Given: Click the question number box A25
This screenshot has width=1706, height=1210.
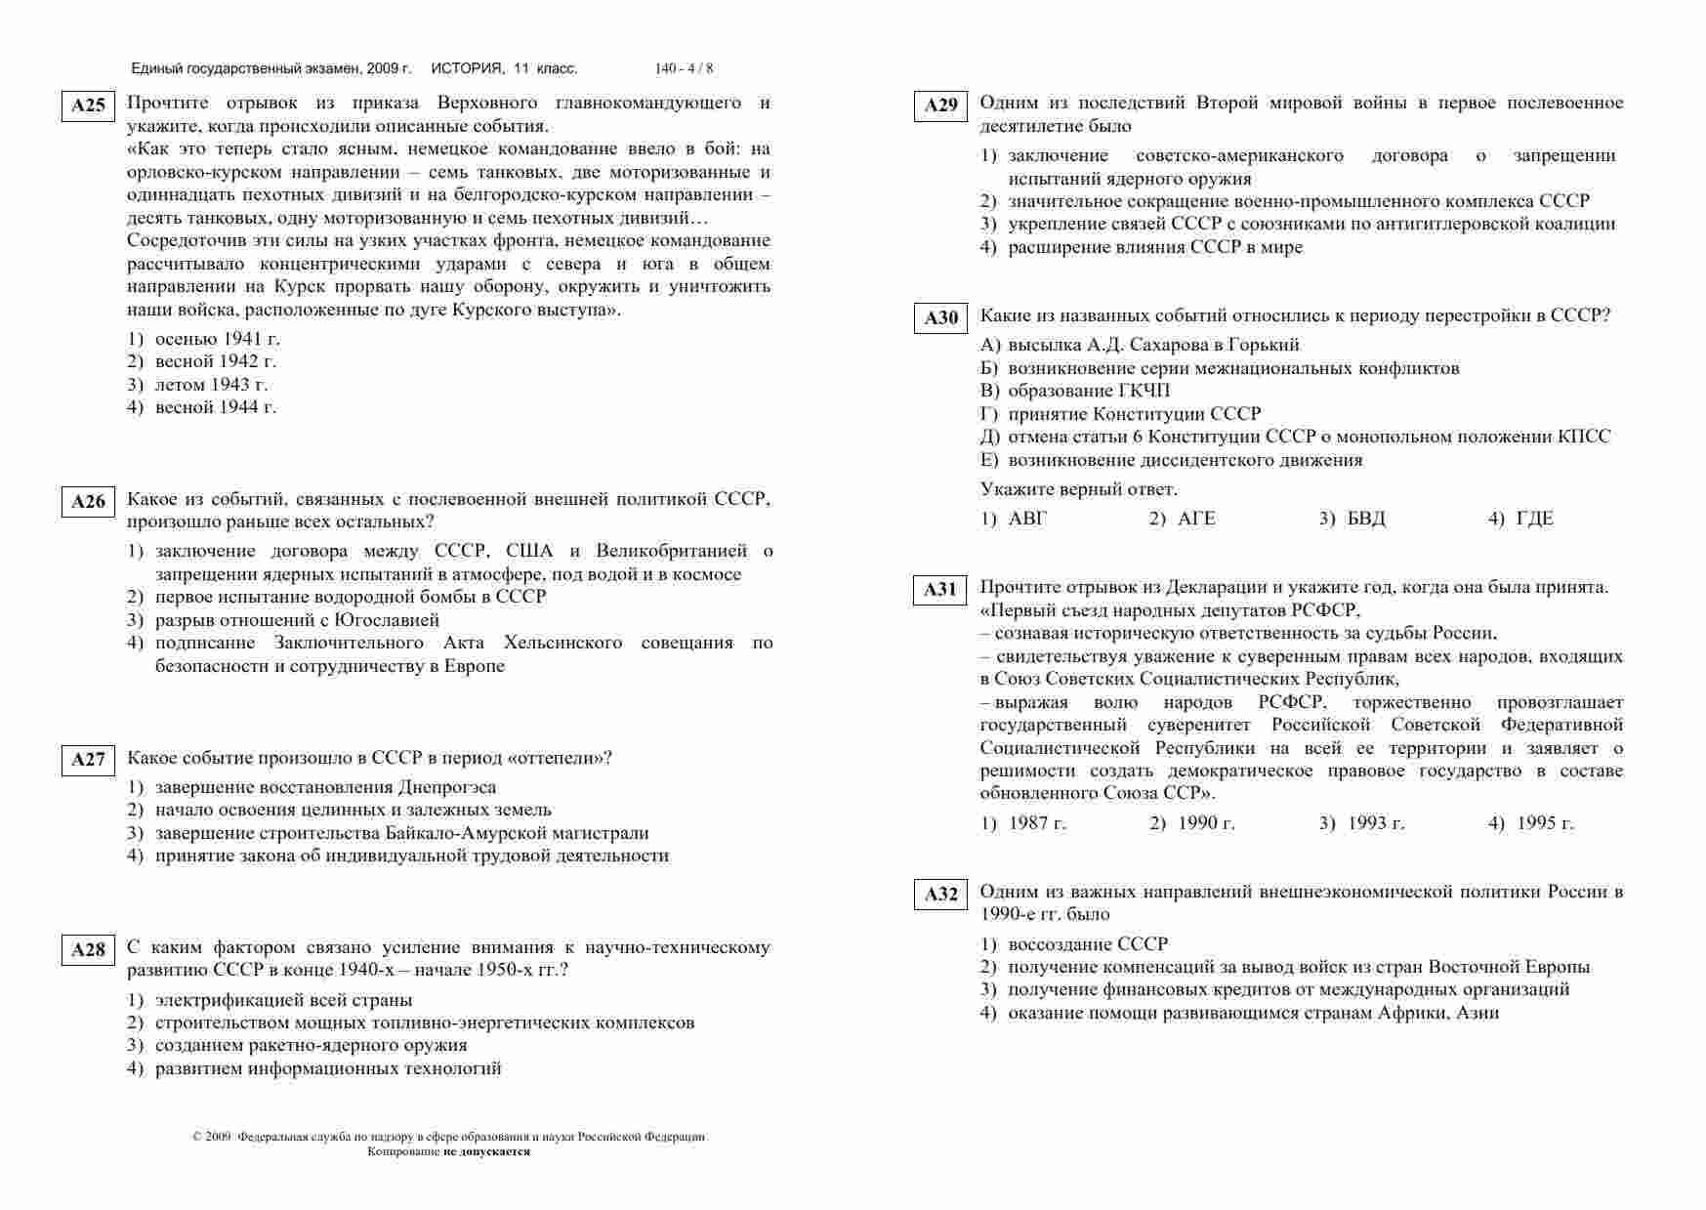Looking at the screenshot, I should click(x=88, y=105).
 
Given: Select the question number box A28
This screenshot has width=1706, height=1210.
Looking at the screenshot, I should click(x=88, y=950).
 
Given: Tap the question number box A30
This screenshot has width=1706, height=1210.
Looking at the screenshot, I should click(x=940, y=318).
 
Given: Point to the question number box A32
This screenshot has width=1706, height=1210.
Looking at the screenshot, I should click(x=940, y=895).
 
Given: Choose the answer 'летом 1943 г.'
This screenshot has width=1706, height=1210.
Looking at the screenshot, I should click(x=211, y=385).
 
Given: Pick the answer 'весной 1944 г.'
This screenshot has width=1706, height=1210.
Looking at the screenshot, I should click(x=215, y=407).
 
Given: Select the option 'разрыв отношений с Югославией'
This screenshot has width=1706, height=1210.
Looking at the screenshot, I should click(x=297, y=620).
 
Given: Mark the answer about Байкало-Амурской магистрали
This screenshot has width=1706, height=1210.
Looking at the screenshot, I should click(x=401, y=833).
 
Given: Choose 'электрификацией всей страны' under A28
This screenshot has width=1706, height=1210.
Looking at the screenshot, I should click(x=283, y=1000).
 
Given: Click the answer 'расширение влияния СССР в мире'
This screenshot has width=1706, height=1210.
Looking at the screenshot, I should click(x=1154, y=247).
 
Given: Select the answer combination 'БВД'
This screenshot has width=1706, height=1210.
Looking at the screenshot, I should click(x=1365, y=519).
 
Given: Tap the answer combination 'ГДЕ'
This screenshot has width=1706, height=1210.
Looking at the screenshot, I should click(x=1534, y=519).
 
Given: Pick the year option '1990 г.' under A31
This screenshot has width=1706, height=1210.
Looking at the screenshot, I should click(x=1205, y=823).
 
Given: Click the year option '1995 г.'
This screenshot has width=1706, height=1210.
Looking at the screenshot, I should click(x=1545, y=823).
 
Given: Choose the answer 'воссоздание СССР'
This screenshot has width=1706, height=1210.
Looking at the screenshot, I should click(x=1087, y=944).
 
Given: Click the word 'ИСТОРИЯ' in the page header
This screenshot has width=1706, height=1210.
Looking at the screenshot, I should click(x=467, y=68).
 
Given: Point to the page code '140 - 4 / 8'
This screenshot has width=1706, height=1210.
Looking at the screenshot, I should click(x=684, y=68).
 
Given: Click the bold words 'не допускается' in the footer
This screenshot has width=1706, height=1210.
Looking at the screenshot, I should click(x=486, y=1151).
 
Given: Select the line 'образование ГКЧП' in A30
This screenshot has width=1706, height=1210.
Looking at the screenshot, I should click(x=1088, y=391).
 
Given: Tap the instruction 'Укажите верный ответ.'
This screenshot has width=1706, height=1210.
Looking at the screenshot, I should click(x=1078, y=489).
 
